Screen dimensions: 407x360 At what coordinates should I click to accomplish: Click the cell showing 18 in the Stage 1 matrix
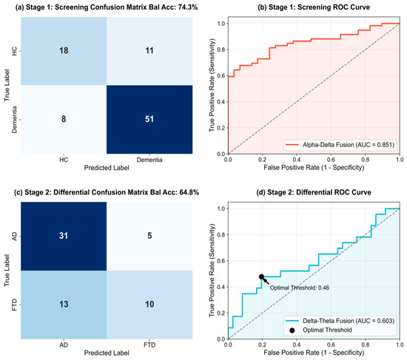[64, 51]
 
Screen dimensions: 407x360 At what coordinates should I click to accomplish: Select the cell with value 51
[149, 119]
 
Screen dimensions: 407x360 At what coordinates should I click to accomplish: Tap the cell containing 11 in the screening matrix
[149, 51]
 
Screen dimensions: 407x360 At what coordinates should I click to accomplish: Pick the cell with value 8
[64, 119]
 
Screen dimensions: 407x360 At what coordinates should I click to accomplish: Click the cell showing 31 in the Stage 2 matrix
[64, 236]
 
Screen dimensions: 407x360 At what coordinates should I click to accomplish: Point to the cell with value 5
[149, 236]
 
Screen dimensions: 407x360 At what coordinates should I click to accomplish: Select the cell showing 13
[64, 305]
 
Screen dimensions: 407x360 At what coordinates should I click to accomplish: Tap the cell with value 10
[149, 305]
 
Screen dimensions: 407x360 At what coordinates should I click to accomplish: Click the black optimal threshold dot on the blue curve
[261, 276]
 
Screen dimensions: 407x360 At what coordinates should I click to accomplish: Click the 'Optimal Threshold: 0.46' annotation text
[300, 288]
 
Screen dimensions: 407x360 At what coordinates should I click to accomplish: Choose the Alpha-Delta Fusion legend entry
[340, 144]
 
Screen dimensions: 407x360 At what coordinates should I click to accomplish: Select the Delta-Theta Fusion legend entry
[340, 321]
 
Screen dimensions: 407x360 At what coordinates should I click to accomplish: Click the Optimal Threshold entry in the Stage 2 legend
[321, 330]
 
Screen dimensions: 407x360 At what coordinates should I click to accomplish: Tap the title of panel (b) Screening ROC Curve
[314, 7]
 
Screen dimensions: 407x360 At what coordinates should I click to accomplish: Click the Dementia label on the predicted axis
[149, 160]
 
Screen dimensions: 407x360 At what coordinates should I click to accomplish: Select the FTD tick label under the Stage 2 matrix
[149, 345]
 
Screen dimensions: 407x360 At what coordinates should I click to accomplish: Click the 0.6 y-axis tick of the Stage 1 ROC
[221, 75]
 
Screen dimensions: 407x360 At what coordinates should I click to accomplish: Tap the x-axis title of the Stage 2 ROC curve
[314, 353]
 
